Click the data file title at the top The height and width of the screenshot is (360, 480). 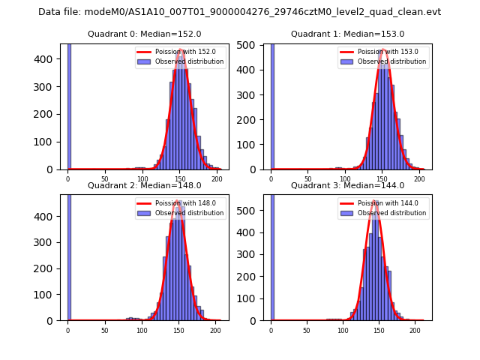pos(239,12)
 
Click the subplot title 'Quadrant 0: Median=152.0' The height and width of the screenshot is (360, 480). pos(144,34)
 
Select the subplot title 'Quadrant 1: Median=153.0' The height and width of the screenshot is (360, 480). pos(347,34)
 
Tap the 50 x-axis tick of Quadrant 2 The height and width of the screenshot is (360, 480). pos(104,331)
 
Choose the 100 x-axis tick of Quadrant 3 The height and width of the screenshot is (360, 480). pos(343,331)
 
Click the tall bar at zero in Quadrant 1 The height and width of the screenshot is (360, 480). pos(271,105)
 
